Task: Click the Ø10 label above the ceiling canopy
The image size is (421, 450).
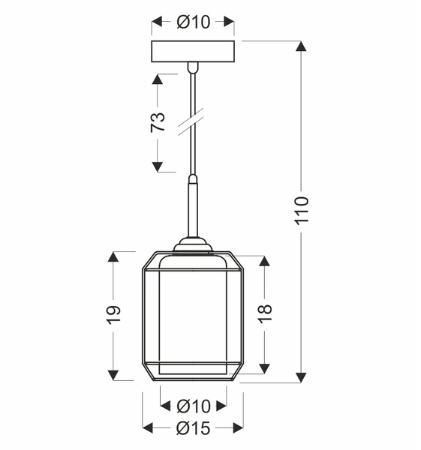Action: pyautogui.click(x=193, y=22)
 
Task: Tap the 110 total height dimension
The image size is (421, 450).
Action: pyautogui.click(x=301, y=211)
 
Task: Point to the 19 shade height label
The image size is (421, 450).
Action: pyautogui.click(x=113, y=315)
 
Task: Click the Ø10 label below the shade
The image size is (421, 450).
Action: pyautogui.click(x=193, y=406)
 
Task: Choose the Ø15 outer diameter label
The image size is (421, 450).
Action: pyautogui.click(x=193, y=429)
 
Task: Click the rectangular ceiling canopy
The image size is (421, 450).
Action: pyautogui.click(x=194, y=52)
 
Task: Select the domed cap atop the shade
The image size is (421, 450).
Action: pyautogui.click(x=194, y=244)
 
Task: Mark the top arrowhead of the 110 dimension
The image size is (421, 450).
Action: pyautogui.click(x=301, y=46)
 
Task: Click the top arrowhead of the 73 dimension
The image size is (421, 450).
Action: pyautogui.click(x=158, y=79)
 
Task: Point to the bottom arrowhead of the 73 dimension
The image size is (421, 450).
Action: pyautogui.click(x=158, y=166)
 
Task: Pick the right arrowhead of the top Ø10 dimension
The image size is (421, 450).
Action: pyautogui.click(x=230, y=22)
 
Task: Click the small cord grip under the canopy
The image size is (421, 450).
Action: pyautogui.click(x=194, y=69)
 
